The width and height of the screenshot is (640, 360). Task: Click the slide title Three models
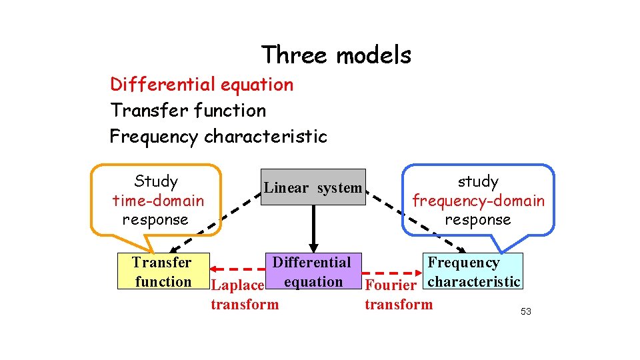(336, 55)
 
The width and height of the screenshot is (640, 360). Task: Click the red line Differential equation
(201, 85)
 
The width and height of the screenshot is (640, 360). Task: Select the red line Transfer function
(188, 111)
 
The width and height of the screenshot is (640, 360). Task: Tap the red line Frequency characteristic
(218, 137)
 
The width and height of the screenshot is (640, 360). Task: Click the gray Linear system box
(313, 187)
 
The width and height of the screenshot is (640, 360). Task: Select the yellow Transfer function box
(163, 271)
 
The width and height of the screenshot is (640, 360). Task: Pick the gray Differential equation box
(311, 271)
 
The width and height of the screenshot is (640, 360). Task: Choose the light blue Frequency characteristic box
(473, 271)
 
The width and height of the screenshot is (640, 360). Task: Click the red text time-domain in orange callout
(158, 200)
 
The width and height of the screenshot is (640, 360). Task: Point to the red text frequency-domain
(478, 200)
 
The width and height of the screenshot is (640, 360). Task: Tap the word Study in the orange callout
(156, 181)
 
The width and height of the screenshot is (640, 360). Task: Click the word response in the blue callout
(477, 219)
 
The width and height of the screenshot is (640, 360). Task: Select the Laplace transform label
(244, 295)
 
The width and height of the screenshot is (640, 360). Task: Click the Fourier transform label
(398, 295)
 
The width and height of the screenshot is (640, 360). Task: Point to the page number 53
(525, 311)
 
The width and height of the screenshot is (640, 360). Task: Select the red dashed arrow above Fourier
(390, 273)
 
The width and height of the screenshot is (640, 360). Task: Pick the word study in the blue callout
(477, 181)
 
